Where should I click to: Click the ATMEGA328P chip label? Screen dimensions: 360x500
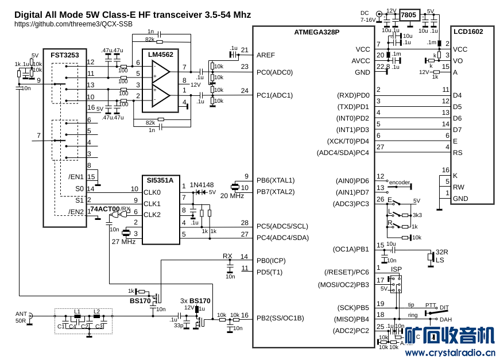317,33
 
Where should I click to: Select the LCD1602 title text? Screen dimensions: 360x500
467,32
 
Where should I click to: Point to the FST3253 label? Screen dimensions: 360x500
64,55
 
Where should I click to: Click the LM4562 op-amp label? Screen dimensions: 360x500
161,55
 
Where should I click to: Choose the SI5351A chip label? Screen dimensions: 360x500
159,179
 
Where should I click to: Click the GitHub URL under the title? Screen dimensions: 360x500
73,24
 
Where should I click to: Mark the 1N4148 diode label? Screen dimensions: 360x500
201,185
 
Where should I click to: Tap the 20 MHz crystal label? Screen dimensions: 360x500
232,196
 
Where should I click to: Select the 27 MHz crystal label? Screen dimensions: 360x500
123,241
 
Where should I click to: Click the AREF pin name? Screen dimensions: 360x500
266,55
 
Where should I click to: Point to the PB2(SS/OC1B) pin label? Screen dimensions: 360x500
280,318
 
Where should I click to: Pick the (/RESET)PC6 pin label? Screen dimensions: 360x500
347,272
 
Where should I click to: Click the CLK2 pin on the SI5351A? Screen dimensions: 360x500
152,215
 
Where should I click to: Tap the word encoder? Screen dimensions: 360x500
400,183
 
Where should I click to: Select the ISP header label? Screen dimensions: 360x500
396,269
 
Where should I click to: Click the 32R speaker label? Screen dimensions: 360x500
441,253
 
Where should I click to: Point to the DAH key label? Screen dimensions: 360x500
445,319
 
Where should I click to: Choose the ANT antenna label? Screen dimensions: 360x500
21,314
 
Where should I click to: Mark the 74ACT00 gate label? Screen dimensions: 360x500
104,209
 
